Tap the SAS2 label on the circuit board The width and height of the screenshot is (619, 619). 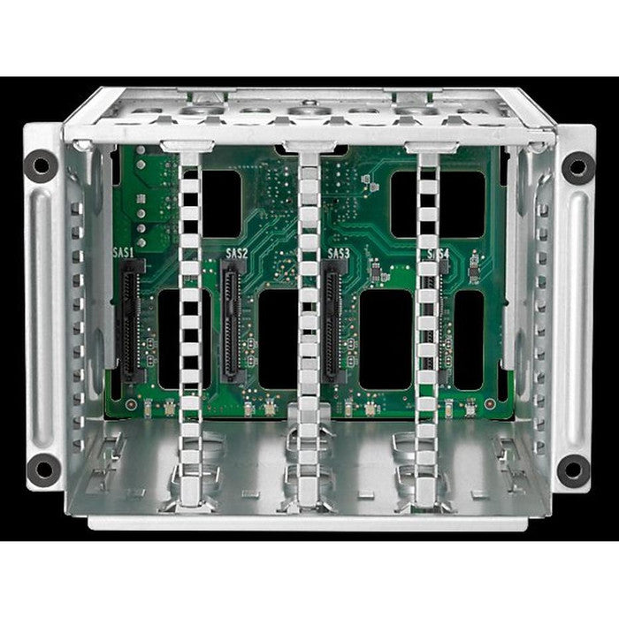(x=237, y=254)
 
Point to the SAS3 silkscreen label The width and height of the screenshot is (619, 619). (x=339, y=254)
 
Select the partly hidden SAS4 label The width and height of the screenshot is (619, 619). (x=439, y=254)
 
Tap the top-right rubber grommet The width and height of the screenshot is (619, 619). (x=577, y=165)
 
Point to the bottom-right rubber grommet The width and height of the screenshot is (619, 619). (x=573, y=470)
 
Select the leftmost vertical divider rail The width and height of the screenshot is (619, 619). (x=190, y=301)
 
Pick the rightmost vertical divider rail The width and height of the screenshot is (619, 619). (x=427, y=301)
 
